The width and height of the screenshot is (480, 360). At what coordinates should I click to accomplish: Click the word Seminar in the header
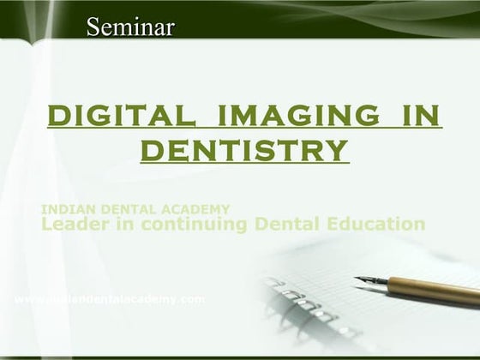pyautogui.click(x=130, y=27)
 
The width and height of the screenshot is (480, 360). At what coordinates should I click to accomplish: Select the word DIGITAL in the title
pyautogui.click(x=120, y=114)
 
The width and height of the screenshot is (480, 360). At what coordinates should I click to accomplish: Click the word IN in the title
pyautogui.click(x=419, y=114)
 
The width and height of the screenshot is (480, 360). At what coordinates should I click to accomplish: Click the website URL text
pyautogui.click(x=111, y=299)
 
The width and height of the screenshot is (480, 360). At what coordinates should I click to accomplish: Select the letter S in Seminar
pyautogui.click(x=93, y=27)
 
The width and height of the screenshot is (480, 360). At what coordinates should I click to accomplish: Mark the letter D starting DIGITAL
pyautogui.click(x=57, y=114)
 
